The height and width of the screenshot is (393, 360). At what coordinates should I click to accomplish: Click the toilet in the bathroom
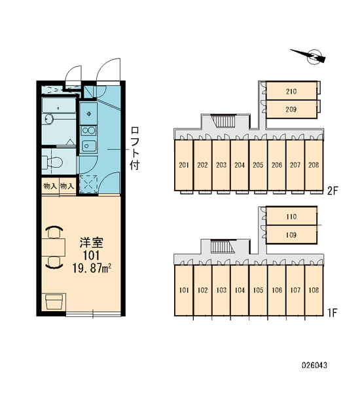point(52,162)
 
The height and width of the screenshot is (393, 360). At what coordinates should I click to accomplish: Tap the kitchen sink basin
point(88,145)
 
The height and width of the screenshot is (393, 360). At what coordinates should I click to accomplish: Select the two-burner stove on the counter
point(88,130)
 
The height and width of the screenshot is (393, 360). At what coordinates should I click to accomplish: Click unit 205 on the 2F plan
point(258,165)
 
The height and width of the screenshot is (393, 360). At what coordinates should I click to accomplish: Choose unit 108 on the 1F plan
point(314,290)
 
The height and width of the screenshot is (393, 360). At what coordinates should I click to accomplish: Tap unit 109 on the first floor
point(291,234)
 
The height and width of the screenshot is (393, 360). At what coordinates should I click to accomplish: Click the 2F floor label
point(333,191)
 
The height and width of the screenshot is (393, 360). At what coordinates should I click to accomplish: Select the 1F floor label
point(333,312)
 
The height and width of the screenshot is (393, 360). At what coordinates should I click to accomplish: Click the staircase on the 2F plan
point(224,121)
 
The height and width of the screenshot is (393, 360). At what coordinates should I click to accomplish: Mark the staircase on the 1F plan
point(222,247)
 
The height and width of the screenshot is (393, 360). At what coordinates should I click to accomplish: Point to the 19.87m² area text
point(92,268)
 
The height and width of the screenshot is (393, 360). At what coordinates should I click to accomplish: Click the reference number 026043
point(314,365)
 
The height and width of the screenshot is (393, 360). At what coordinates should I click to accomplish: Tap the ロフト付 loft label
point(135,148)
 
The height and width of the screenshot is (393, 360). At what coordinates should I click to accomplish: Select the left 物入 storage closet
point(50,186)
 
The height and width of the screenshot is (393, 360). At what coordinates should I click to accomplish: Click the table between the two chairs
point(54,248)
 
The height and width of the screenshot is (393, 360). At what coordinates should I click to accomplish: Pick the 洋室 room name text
point(92,242)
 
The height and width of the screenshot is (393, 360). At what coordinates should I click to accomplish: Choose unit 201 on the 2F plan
point(184,165)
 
